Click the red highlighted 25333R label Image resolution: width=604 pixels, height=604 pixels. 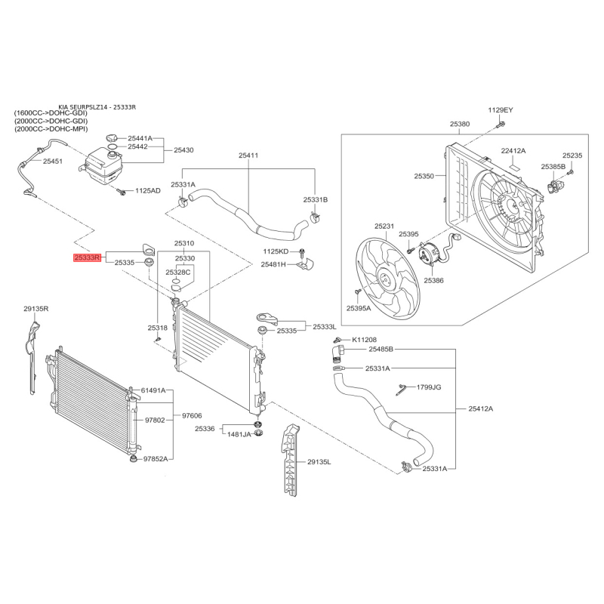[x=88, y=257]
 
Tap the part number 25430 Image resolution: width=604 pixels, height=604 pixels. [x=183, y=150]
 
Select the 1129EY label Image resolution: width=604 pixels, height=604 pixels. [x=500, y=110]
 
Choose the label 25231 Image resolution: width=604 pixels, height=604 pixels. [x=384, y=226]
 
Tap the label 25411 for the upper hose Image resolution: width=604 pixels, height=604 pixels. [x=248, y=156]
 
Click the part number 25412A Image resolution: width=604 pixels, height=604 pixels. [x=480, y=408]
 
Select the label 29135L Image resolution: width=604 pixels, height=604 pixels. [x=319, y=461]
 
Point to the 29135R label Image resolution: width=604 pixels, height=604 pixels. [x=35, y=309]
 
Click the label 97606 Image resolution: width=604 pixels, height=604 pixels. [x=192, y=416]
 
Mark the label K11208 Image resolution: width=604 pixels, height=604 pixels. [x=364, y=340]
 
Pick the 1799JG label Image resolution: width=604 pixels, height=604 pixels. [x=428, y=387]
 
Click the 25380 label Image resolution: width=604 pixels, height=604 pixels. [x=460, y=124]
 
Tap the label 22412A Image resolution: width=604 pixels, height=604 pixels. [x=513, y=151]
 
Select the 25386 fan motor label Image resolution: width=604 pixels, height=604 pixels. [x=433, y=279]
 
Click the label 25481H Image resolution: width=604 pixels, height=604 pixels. [x=273, y=264]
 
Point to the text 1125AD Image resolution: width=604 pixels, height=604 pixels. [x=148, y=190]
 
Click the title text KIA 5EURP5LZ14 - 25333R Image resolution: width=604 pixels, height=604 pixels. [x=97, y=107]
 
